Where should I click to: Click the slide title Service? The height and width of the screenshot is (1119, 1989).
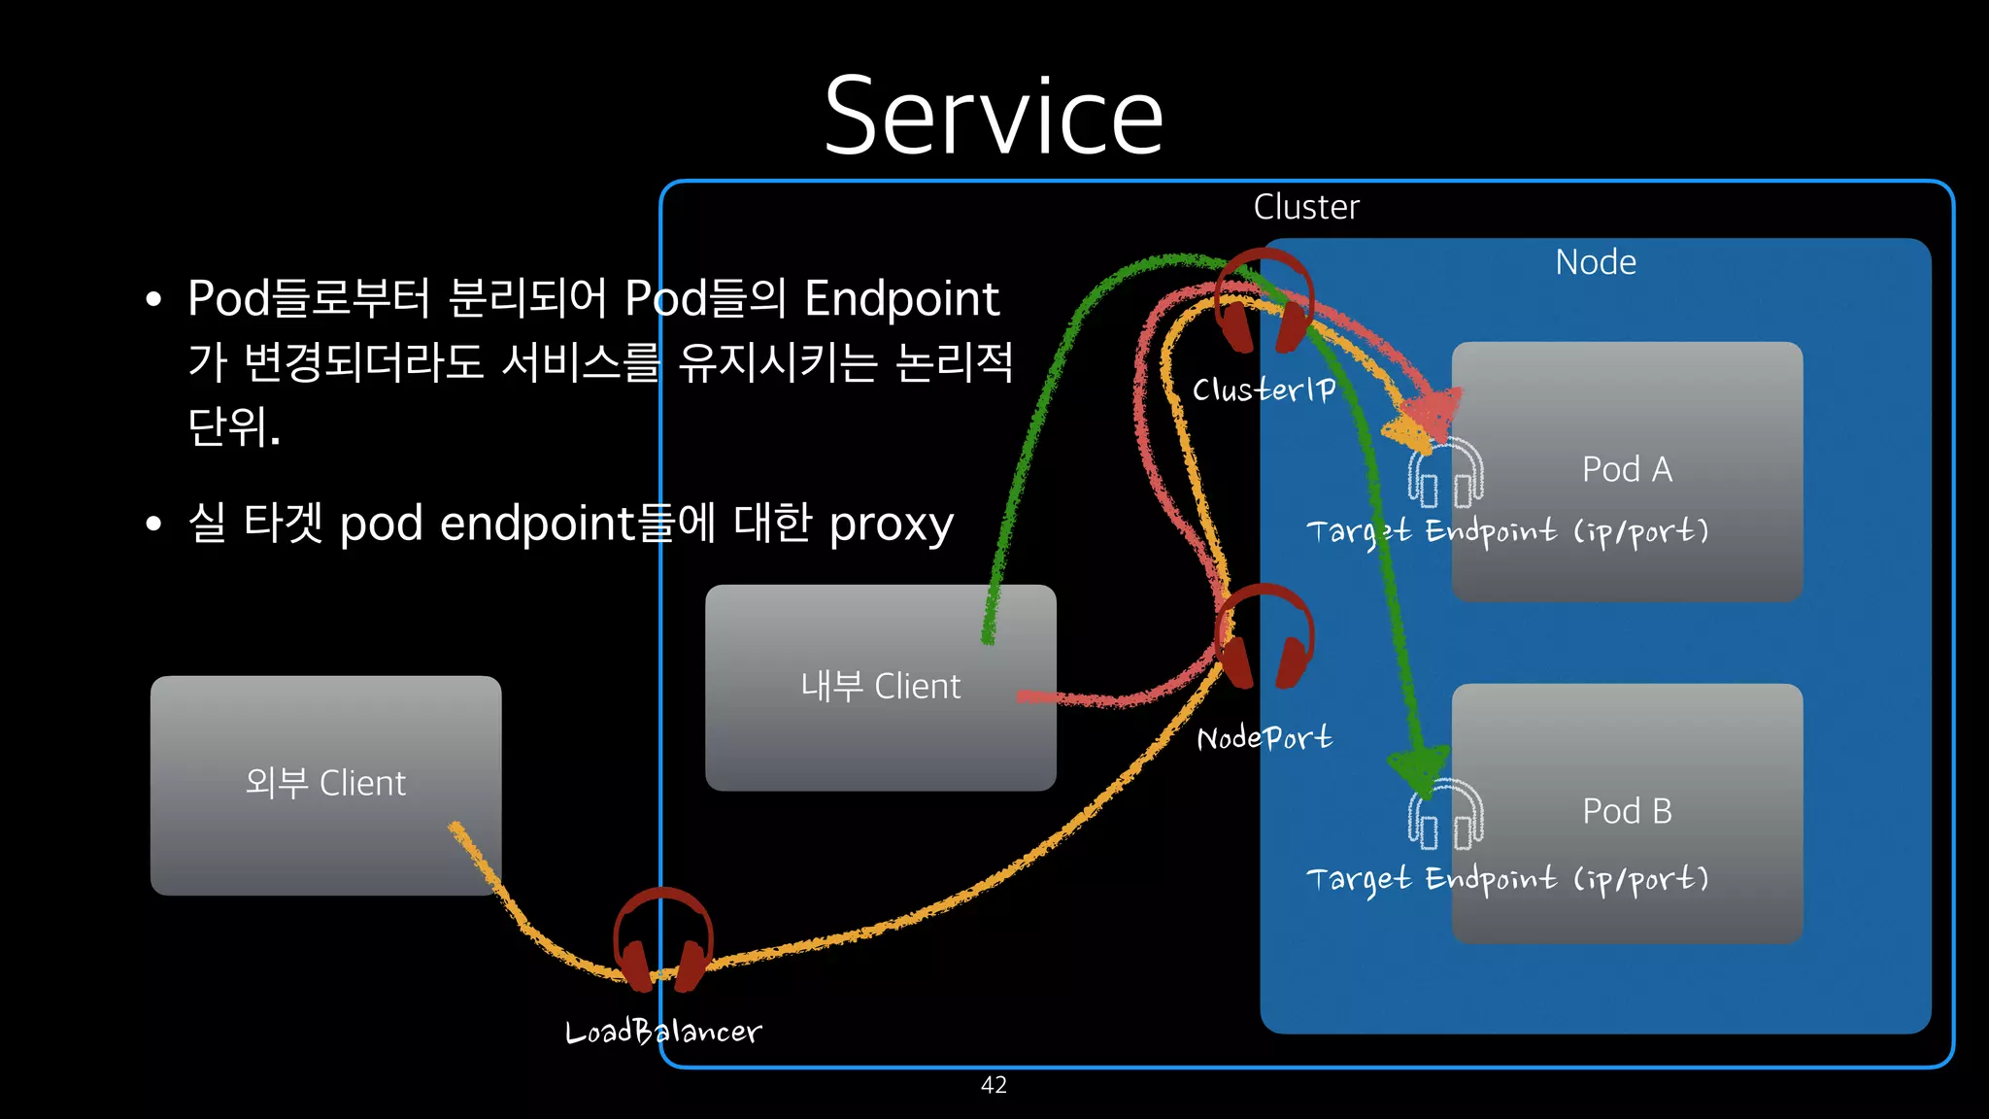click(994, 117)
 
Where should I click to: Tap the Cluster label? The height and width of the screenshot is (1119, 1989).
click(1305, 207)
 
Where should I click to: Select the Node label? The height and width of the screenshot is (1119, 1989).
click(1595, 262)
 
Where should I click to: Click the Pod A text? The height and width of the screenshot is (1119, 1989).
click(1627, 469)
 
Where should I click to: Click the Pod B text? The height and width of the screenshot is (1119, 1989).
click(1627, 811)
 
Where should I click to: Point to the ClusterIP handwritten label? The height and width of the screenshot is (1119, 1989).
click(1264, 390)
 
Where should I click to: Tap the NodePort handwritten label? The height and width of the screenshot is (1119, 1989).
click(1264, 738)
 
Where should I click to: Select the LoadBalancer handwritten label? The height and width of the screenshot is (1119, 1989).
click(663, 1032)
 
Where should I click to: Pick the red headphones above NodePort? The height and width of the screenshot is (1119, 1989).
click(1264, 636)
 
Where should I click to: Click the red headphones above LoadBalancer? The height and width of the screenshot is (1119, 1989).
click(663, 939)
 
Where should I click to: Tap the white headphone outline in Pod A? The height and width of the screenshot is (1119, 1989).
click(1445, 473)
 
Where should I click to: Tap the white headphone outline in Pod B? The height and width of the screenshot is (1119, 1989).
click(1445, 815)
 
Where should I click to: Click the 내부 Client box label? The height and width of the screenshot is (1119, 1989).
click(880, 687)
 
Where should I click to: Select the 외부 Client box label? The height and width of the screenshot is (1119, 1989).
click(325, 783)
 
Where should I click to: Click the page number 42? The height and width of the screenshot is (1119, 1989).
click(994, 1085)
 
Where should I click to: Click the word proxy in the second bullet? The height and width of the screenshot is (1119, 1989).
click(891, 525)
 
